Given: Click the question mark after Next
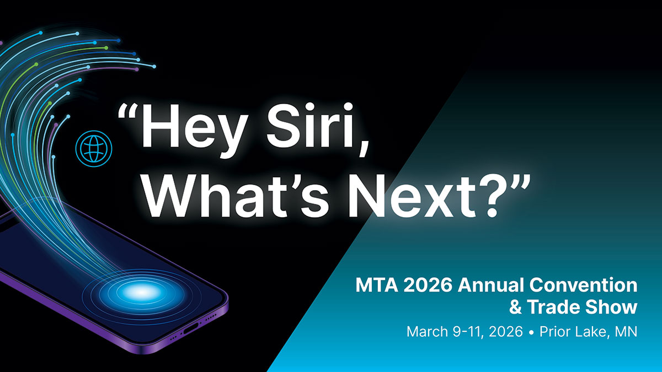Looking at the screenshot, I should (487, 193).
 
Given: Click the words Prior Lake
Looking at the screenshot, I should (573, 332).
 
